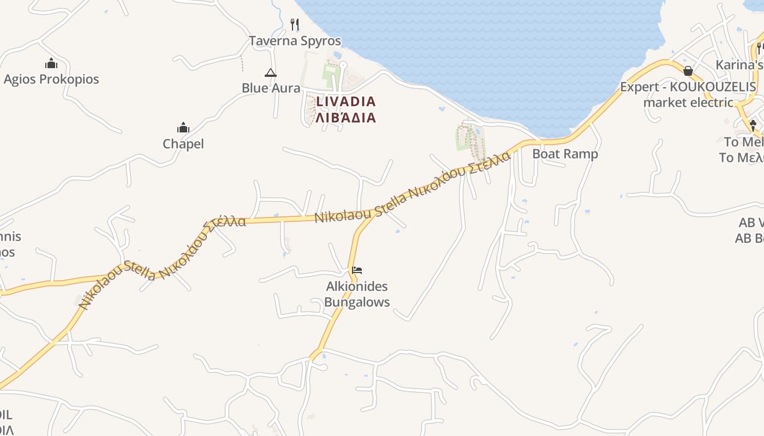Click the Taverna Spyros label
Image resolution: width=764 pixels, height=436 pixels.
click(295, 41)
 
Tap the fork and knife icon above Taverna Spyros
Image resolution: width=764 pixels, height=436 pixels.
click(295, 24)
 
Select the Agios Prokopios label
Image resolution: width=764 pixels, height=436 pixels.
click(51, 79)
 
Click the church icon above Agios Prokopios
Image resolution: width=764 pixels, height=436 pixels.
click(51, 63)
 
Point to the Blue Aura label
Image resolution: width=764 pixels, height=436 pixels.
click(271, 88)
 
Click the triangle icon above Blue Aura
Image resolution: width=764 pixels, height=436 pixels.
click(270, 72)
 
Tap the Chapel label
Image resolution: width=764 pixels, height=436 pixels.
click(183, 144)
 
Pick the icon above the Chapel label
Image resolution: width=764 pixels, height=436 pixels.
click(183, 128)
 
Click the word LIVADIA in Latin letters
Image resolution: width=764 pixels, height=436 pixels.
click(346, 101)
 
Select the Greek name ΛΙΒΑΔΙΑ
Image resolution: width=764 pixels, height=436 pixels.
click(346, 117)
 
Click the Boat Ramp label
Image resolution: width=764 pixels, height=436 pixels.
click(565, 154)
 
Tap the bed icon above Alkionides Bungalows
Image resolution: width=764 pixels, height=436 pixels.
click(357, 270)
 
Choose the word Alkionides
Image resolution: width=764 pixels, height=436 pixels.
click(357, 287)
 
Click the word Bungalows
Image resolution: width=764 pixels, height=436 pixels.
click(357, 302)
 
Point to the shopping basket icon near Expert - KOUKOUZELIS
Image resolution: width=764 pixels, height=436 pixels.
click(688, 71)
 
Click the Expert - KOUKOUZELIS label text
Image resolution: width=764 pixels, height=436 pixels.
click(688, 87)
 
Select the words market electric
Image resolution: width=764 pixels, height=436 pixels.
click(688, 102)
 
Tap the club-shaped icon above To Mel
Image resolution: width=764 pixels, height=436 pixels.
click(753, 125)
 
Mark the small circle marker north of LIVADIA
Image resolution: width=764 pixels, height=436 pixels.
click(343, 65)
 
